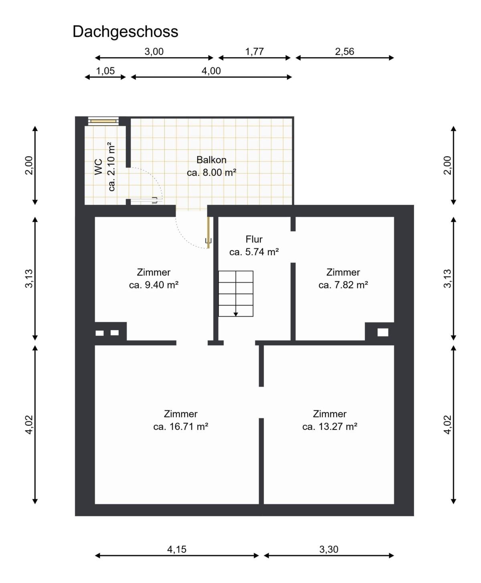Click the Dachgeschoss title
pyautogui.click(x=125, y=32)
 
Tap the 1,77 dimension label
pyautogui.click(x=254, y=52)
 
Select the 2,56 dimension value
pyautogui.click(x=344, y=52)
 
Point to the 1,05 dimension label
pyautogui.click(x=105, y=71)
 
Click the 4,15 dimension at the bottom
pyautogui.click(x=176, y=549)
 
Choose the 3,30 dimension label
pyautogui.click(x=329, y=549)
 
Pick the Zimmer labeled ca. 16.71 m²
pyautogui.click(x=180, y=420)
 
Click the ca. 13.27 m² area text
pyautogui.click(x=329, y=426)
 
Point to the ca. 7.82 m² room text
pyautogui.click(x=343, y=285)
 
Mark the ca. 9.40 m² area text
pyautogui.click(x=154, y=285)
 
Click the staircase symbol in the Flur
pyautogui.click(x=236, y=293)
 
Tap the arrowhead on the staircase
pyautogui.click(x=236, y=314)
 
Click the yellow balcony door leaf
pyautogui.click(x=208, y=232)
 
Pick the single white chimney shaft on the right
pyautogui.click(x=383, y=332)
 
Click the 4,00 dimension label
pyautogui.click(x=211, y=71)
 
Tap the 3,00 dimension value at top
pyautogui.click(x=154, y=52)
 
